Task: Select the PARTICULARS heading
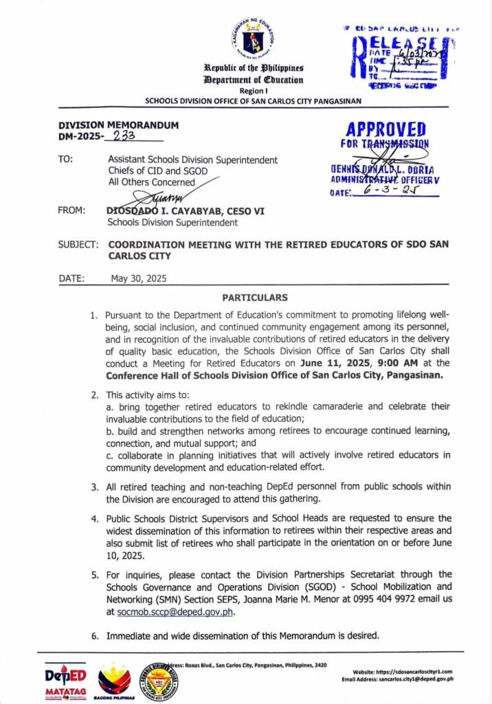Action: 255,298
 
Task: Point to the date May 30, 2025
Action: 139,278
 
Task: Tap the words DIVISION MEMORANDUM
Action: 118,125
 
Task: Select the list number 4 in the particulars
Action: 95,518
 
